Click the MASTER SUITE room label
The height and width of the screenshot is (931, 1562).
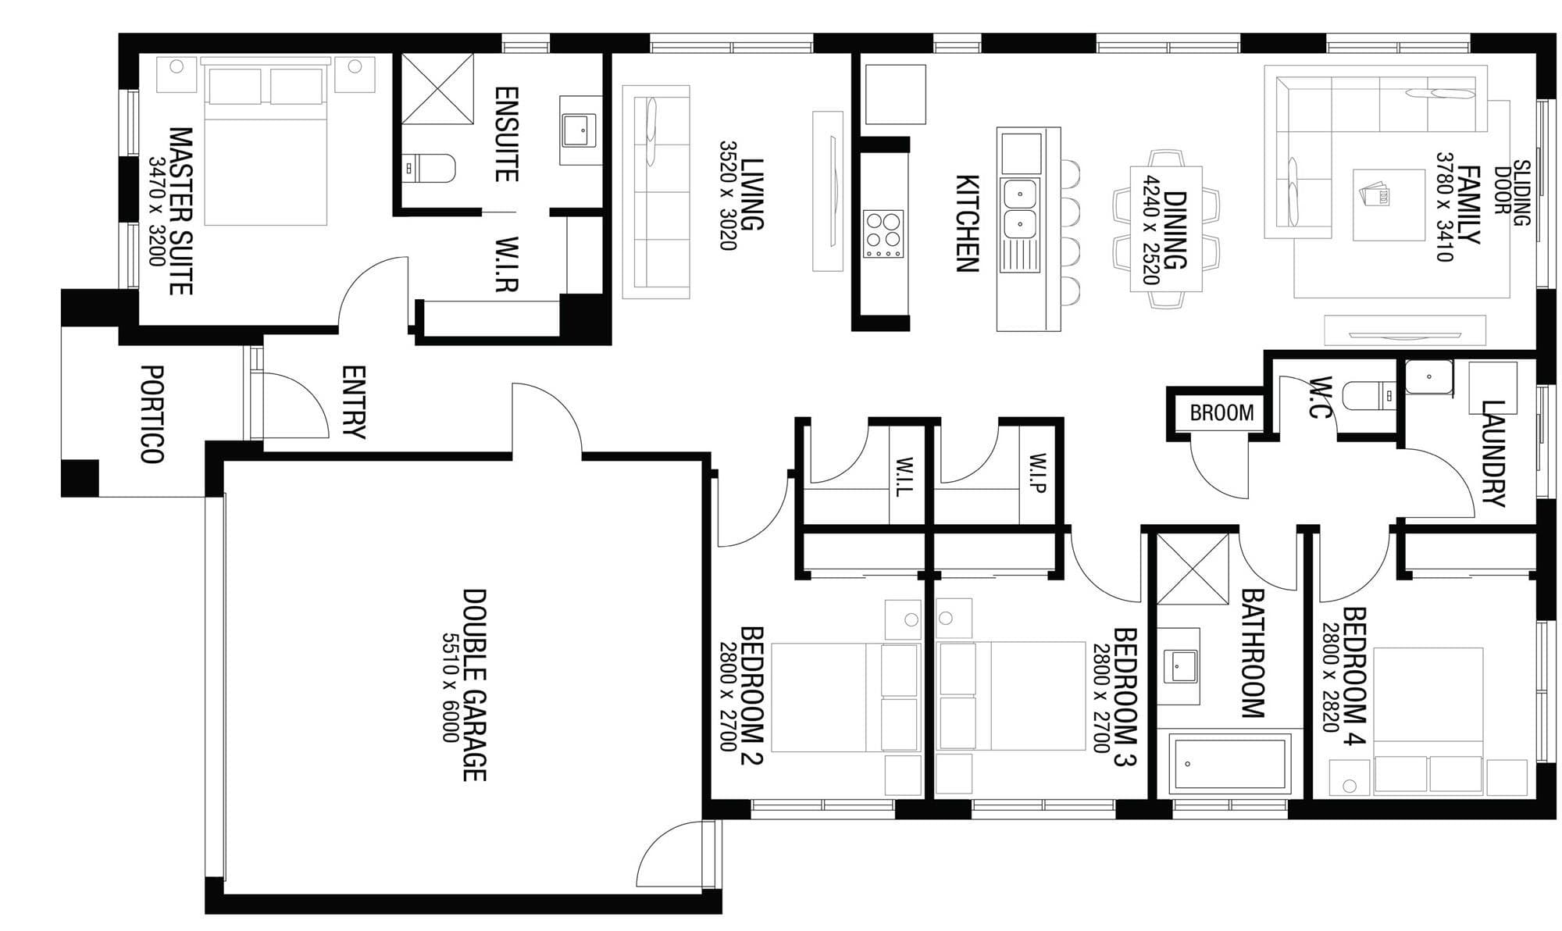[x=181, y=211]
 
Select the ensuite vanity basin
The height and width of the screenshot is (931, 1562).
[x=579, y=130]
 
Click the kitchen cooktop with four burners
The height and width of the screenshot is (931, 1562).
[x=883, y=234]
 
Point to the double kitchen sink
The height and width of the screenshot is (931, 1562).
[x=1020, y=208]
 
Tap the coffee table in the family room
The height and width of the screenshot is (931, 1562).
[x=1389, y=205]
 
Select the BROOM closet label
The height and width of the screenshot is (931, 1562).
[x=1221, y=412]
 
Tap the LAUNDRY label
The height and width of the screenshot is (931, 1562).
[x=1492, y=453]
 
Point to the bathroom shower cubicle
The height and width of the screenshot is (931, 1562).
[x=1193, y=569]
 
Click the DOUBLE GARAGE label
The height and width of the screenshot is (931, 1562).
[x=475, y=684]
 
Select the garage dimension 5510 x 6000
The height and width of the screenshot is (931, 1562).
[x=451, y=687]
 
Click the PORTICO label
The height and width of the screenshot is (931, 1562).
[x=152, y=414]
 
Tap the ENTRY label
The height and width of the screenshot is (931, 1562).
[x=353, y=402]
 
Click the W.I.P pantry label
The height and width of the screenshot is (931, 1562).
[x=1037, y=473]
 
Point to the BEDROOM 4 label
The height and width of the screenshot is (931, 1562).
[x=1354, y=676]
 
